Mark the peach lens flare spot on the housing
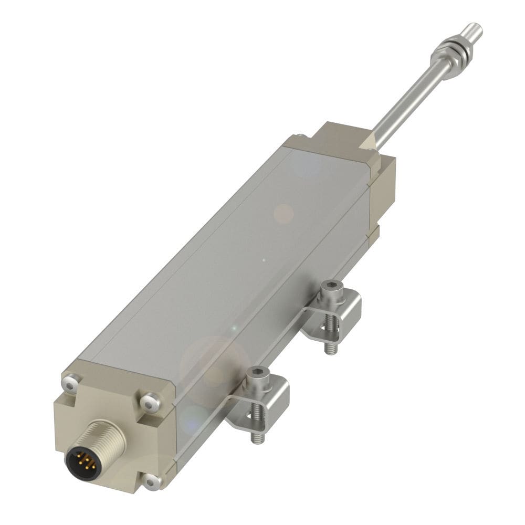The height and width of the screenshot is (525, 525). coord(283,213)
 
